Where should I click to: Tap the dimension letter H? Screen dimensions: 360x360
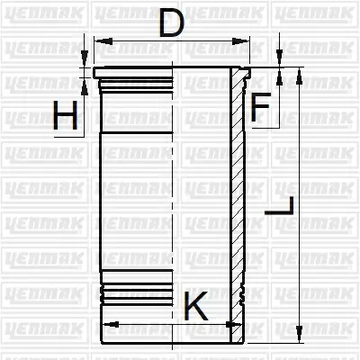(65, 115)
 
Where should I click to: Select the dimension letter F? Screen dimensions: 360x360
(260, 107)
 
